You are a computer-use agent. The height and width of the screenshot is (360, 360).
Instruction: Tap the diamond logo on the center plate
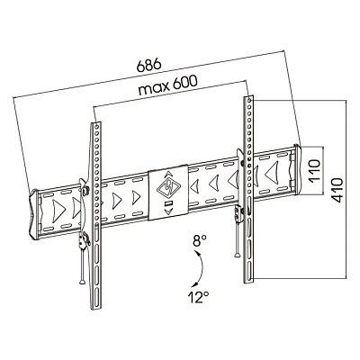point(167,190)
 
